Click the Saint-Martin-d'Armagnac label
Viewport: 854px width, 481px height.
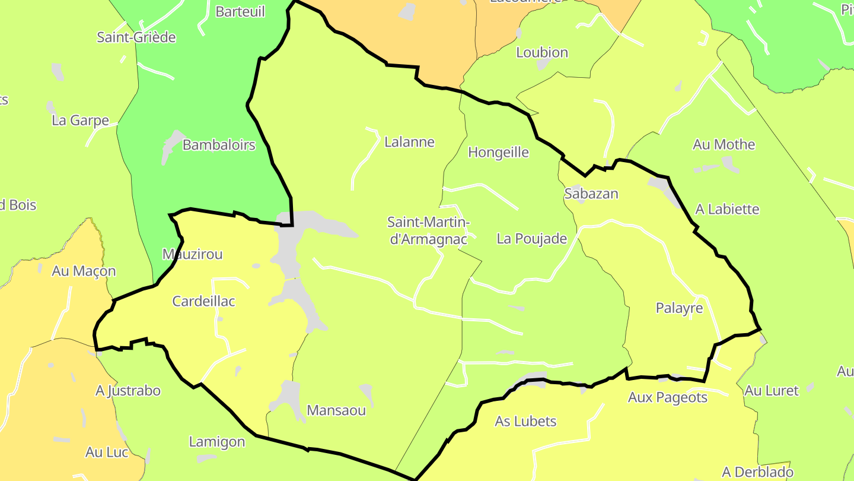pyautogui.click(x=428, y=230)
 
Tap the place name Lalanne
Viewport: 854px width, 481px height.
pyautogui.click(x=409, y=142)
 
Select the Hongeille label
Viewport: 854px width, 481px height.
pyautogui.click(x=498, y=153)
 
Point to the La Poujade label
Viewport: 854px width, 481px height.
pyautogui.click(x=532, y=239)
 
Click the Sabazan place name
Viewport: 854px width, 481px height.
pyautogui.click(x=591, y=194)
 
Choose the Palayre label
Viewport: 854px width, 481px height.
pyautogui.click(x=679, y=308)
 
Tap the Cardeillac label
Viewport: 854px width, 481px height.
pyautogui.click(x=203, y=301)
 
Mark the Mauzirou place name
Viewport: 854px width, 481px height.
pyautogui.click(x=192, y=254)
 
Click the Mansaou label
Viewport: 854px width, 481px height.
pyautogui.click(x=336, y=410)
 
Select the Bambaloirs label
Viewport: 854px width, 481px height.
pyautogui.click(x=219, y=145)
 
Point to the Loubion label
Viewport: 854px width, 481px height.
pyautogui.click(x=542, y=52)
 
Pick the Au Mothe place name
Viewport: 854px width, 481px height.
pyautogui.click(x=724, y=144)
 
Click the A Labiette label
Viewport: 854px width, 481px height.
pyautogui.click(x=727, y=209)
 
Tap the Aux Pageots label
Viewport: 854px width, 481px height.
pyautogui.click(x=668, y=397)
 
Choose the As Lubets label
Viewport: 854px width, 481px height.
pyautogui.click(x=525, y=421)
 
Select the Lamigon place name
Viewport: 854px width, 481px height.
pyautogui.click(x=216, y=441)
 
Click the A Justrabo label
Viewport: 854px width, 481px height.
pyautogui.click(x=128, y=391)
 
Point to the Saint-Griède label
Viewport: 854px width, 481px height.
pyautogui.click(x=136, y=37)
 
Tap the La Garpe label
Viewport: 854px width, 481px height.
pyautogui.click(x=81, y=121)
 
